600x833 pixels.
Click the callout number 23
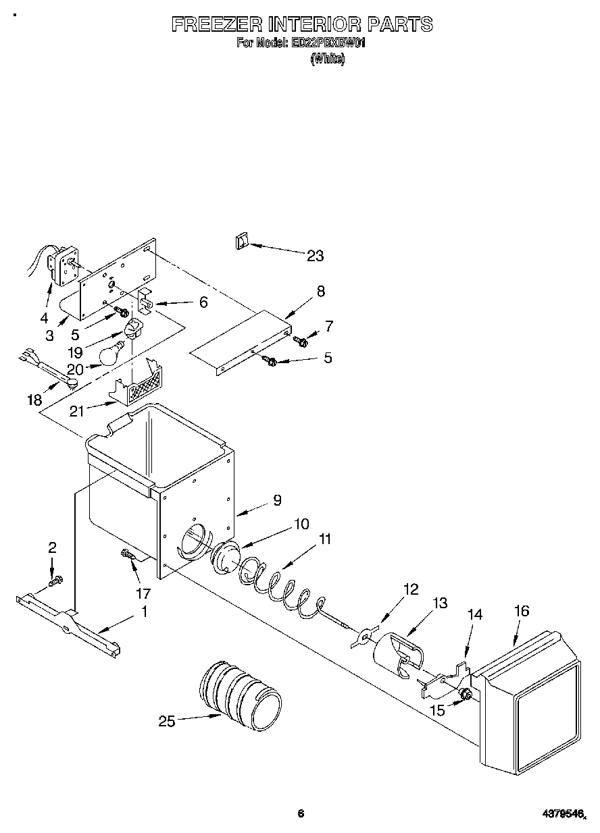coord(315,256)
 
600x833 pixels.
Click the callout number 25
coord(166,722)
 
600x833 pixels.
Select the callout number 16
coord(521,612)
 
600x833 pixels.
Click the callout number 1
coord(143,613)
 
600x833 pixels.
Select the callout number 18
coord(34,400)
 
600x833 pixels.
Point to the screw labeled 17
coord(128,556)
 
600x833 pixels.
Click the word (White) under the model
coord(328,59)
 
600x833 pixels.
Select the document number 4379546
coord(566,815)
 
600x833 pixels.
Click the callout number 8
coord(320,292)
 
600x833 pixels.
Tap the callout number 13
coord(440,603)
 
